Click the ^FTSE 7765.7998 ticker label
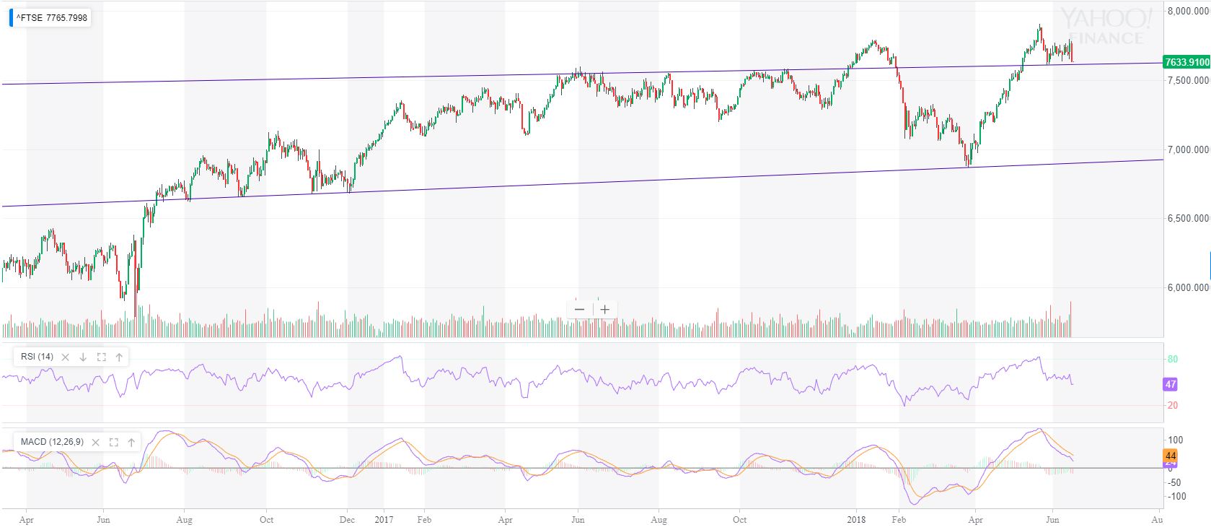click(x=51, y=18)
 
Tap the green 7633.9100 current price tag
click(x=1186, y=62)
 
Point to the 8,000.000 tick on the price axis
click(x=1188, y=12)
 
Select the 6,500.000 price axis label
click(x=1188, y=218)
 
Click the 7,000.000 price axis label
click(x=1188, y=149)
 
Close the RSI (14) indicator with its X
click(x=66, y=357)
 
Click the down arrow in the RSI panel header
click(x=83, y=357)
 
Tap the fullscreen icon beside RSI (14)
click(x=101, y=357)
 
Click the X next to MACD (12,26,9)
click(x=96, y=442)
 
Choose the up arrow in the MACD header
click(x=131, y=442)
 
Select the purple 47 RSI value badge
click(x=1171, y=384)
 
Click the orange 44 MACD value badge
click(x=1171, y=456)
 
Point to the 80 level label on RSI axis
click(x=1173, y=359)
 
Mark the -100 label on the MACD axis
click(x=1176, y=496)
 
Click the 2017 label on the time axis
click(x=384, y=519)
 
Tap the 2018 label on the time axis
click(x=857, y=519)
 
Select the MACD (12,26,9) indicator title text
click(x=52, y=442)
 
